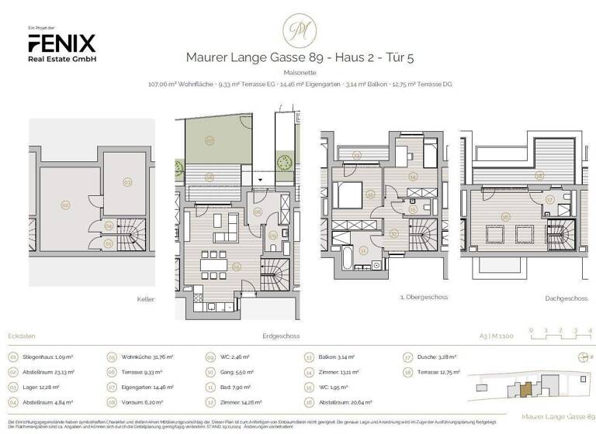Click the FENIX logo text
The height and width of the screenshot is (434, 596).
coord(61,43)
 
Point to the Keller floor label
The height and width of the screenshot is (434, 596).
coord(146,298)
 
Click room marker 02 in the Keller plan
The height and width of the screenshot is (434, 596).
coord(65,205)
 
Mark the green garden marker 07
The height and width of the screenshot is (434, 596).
coord(210,141)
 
